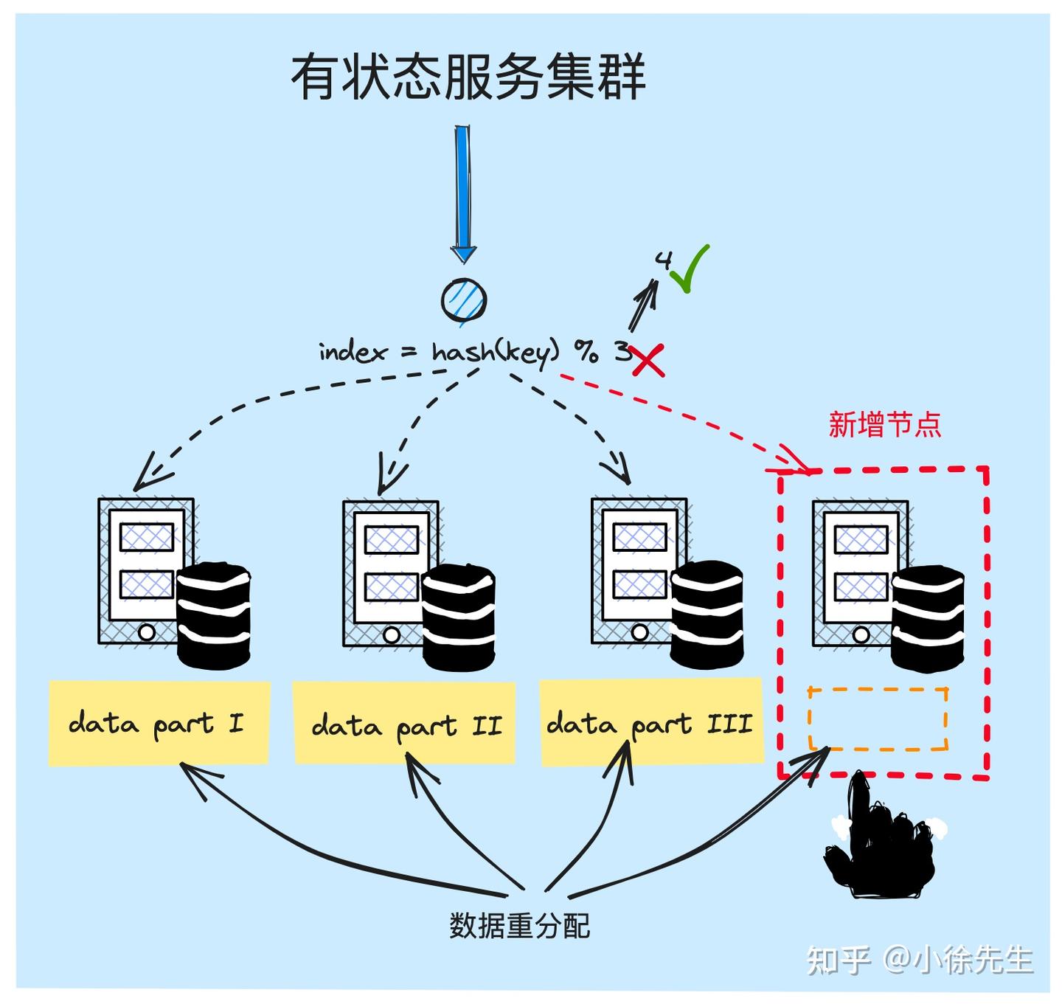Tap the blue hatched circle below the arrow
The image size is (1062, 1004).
click(464, 300)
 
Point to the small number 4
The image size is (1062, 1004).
click(664, 260)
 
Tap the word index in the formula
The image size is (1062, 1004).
click(353, 352)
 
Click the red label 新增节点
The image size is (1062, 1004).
click(884, 425)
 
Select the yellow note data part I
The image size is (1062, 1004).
click(159, 723)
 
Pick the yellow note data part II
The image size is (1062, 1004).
click(404, 724)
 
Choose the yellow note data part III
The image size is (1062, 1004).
click(650, 724)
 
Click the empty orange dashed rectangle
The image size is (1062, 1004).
click(878, 719)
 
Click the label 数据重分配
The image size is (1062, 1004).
click(520, 925)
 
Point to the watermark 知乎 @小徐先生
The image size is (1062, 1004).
click(919, 960)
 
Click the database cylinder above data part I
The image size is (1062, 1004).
click(215, 617)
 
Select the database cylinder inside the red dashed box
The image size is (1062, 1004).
click(927, 618)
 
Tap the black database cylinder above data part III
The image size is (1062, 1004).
click(706, 614)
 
